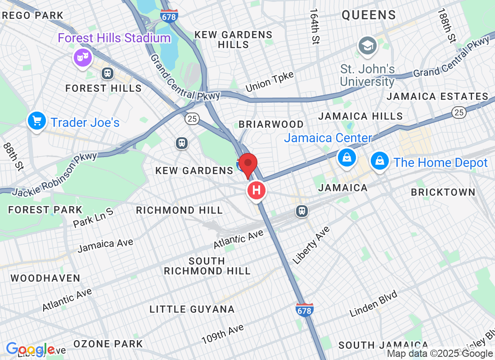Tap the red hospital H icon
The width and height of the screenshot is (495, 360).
[256, 190]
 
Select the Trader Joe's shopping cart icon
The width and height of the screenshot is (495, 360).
[36, 121]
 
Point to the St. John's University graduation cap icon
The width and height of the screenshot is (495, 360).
[368, 45]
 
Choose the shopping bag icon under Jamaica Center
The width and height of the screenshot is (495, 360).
[347, 157]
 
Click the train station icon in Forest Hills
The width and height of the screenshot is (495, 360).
[108, 73]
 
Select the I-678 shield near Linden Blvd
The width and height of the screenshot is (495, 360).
[305, 310]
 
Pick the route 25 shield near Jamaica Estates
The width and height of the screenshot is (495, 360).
[459, 112]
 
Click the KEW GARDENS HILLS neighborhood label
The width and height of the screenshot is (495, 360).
[233, 40]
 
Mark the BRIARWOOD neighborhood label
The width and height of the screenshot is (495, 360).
[271, 124]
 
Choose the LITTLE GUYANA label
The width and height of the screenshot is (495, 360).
[192, 309]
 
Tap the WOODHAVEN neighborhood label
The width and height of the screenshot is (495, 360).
[45, 278]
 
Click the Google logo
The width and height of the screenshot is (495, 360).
[30, 349]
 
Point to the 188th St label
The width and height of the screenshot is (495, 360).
[447, 26]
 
